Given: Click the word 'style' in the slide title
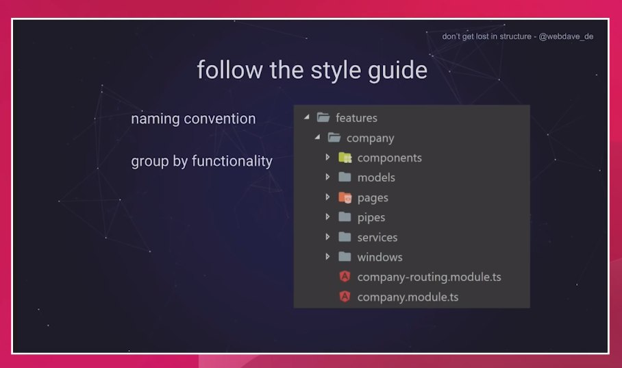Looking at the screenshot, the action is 336,71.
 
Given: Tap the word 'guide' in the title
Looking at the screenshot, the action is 397,71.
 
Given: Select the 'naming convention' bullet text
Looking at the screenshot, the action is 193,119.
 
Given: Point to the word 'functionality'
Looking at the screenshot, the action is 232,161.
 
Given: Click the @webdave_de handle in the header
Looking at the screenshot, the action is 566,36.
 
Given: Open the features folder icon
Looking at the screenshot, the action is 323,117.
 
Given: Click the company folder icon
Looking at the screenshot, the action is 334,137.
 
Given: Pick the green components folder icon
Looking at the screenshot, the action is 345,158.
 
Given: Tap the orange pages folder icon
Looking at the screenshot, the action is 345,197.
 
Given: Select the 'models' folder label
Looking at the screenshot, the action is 376,177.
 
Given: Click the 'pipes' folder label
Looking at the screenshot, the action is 371,217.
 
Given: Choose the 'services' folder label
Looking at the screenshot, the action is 377,237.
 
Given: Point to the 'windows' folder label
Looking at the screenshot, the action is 380,257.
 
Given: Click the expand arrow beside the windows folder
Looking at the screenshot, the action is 327,256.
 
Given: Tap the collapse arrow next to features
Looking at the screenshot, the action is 307,116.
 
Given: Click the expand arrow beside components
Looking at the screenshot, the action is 327,157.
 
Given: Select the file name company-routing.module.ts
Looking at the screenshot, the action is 430,277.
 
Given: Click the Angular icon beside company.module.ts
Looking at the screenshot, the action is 345,296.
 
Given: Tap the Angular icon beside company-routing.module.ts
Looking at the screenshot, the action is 345,276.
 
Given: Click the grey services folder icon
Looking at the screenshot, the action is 345,237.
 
